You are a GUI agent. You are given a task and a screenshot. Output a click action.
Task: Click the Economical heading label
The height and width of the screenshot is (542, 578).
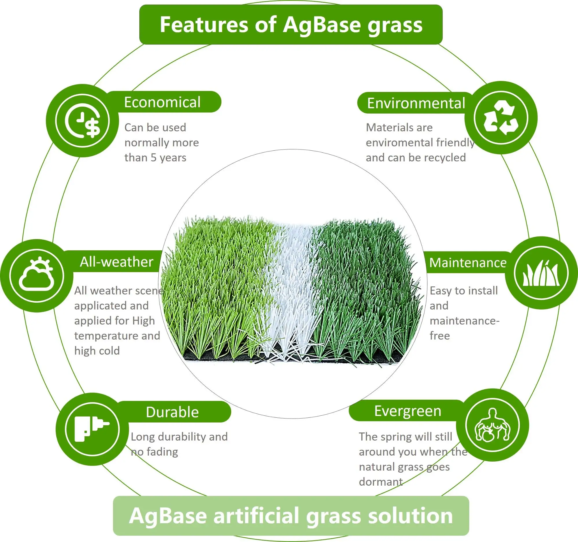(x=162, y=102)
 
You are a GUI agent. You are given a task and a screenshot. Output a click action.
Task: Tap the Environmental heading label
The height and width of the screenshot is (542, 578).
(x=416, y=103)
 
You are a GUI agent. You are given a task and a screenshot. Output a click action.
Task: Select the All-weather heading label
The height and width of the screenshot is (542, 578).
(x=116, y=262)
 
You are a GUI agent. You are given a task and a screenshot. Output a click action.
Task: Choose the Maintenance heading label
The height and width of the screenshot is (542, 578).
(x=468, y=262)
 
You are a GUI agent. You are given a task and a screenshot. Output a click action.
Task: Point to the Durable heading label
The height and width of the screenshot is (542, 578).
(x=173, y=412)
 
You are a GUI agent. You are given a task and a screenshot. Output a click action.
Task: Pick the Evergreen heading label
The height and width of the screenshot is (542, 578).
(x=407, y=411)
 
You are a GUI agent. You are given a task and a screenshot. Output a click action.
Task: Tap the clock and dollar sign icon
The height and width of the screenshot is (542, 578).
(x=83, y=120)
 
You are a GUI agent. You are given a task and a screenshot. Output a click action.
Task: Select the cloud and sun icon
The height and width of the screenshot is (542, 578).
(x=36, y=274)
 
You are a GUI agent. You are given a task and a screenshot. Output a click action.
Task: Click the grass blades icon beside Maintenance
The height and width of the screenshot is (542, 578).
(x=541, y=273)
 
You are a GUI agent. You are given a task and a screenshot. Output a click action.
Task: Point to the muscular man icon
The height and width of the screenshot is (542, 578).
(x=492, y=425)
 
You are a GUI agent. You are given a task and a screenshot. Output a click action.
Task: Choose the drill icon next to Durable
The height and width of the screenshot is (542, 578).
(x=92, y=429)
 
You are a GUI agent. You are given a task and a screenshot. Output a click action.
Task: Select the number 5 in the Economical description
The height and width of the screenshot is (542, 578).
(x=153, y=158)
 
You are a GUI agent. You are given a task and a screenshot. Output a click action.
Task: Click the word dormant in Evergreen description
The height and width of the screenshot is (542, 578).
(x=381, y=482)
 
